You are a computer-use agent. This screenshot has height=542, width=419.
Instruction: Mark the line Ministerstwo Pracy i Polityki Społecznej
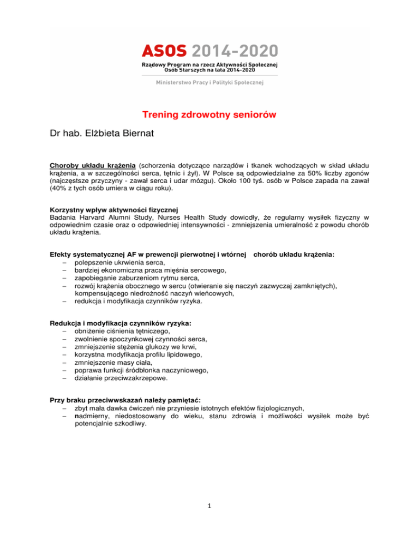[209, 82]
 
